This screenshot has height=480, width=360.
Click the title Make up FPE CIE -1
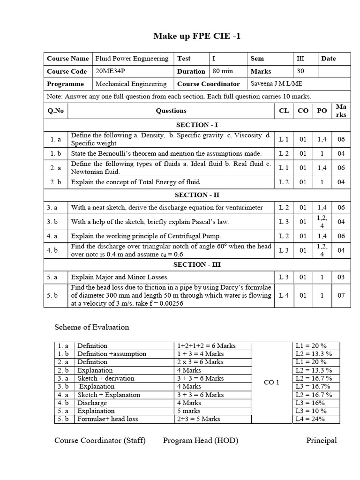[x=197, y=36]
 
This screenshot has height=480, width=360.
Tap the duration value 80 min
[x=223, y=71]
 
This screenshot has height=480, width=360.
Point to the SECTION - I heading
[x=196, y=125]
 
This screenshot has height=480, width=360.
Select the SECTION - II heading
[x=196, y=195]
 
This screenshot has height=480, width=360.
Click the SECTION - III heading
[x=196, y=264]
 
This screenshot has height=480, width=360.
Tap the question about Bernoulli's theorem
[x=166, y=153]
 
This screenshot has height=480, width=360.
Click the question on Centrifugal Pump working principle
[x=146, y=236]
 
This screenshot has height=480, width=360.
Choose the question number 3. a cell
[x=55, y=207]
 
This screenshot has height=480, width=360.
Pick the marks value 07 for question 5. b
[x=341, y=295]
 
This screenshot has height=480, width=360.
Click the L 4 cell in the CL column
[x=284, y=295]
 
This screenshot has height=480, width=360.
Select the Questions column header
[x=171, y=111]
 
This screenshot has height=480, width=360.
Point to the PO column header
[x=322, y=111]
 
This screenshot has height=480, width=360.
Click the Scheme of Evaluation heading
[x=92, y=327]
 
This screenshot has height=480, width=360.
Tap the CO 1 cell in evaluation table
[x=271, y=382]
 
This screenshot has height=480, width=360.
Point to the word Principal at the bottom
[x=322, y=440]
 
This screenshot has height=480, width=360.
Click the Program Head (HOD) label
[x=201, y=440]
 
